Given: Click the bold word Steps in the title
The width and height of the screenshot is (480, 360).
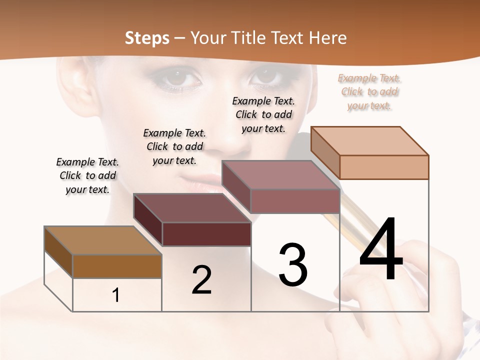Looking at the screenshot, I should pyautogui.click(x=146, y=37).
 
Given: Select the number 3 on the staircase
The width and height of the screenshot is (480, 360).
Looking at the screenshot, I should pyautogui.click(x=292, y=265).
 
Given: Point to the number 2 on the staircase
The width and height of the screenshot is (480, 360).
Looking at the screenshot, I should pyautogui.click(x=201, y=280).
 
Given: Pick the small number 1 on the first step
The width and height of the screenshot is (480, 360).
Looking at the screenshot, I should pyautogui.click(x=115, y=295).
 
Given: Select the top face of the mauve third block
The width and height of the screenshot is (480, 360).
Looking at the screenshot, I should pyautogui.click(x=280, y=175).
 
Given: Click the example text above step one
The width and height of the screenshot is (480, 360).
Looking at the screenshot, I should pyautogui.click(x=87, y=175).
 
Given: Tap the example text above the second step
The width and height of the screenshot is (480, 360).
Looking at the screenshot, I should pyautogui.click(x=174, y=146).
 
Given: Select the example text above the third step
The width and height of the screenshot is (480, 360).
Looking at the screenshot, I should pyautogui.click(x=263, y=114).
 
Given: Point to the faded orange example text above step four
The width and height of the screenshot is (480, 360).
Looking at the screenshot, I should pyautogui.click(x=369, y=91).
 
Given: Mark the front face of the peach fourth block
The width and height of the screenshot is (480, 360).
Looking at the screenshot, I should pyautogui.click(x=384, y=167).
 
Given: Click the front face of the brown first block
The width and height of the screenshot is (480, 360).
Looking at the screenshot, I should pyautogui.click(x=117, y=266).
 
